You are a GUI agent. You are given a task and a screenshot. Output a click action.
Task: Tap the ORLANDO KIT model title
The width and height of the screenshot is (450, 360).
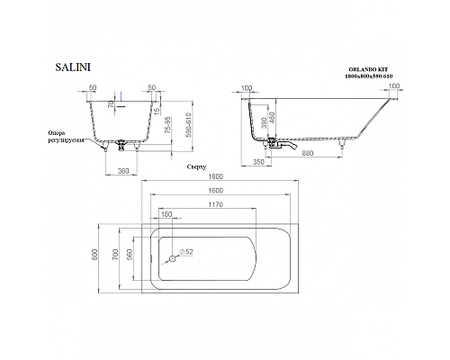[x=369, y=69]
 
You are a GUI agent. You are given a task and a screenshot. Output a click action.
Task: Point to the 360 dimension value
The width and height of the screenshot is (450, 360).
[x=125, y=170]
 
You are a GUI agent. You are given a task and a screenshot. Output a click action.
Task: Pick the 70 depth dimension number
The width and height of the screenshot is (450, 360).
[x=110, y=103]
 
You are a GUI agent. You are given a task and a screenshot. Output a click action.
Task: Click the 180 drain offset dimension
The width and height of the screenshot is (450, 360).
[x=166, y=214]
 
